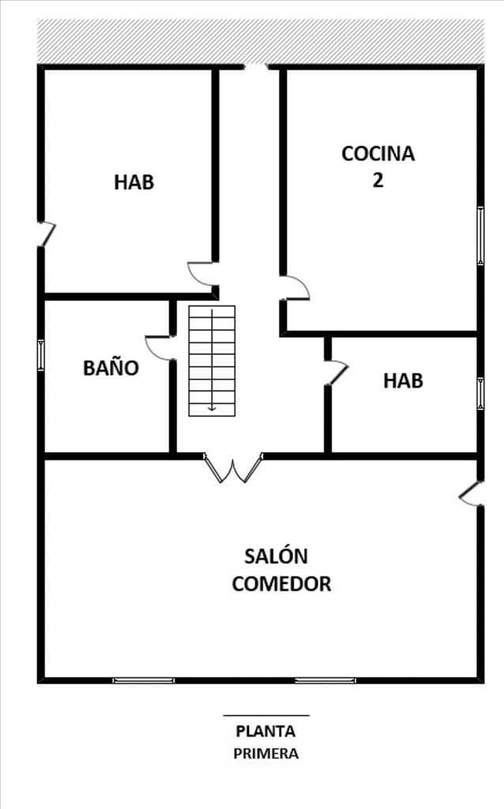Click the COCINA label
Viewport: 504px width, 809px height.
pyautogui.click(x=378, y=154)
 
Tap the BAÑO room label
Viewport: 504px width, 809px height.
pyautogui.click(x=111, y=368)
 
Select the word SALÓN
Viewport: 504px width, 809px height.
pyautogui.click(x=276, y=556)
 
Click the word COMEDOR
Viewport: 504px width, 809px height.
pyautogui.click(x=282, y=584)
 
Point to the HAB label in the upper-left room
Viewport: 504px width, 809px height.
pyautogui.click(x=134, y=182)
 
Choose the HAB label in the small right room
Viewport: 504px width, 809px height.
pyautogui.click(x=404, y=381)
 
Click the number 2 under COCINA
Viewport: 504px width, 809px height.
pyautogui.click(x=378, y=180)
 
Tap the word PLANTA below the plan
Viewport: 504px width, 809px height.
pyautogui.click(x=265, y=731)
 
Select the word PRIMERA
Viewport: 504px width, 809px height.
pyautogui.click(x=265, y=754)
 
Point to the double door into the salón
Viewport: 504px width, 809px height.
pyautogui.click(x=233, y=468)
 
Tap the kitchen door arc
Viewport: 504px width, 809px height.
pyautogui.click(x=295, y=288)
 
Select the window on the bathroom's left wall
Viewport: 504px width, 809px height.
pyautogui.click(x=41, y=356)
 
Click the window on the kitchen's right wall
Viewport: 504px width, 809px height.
pyautogui.click(x=481, y=235)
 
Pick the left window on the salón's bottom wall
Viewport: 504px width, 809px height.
pyautogui.click(x=144, y=680)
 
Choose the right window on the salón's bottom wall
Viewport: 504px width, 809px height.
pyautogui.click(x=325, y=680)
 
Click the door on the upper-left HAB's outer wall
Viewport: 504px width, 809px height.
pyautogui.click(x=47, y=234)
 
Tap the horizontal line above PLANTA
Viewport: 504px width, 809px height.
pyautogui.click(x=266, y=716)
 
